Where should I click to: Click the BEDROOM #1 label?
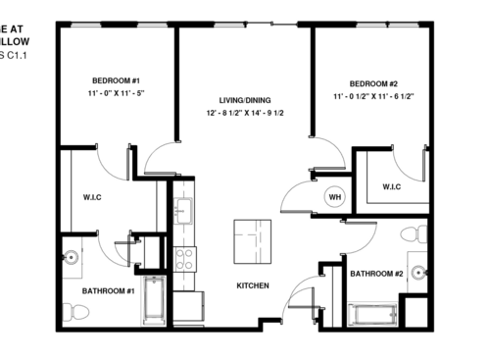[117, 79]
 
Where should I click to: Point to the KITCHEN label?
[253, 285]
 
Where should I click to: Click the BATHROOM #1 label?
[107, 291]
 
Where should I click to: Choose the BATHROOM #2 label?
[377, 274]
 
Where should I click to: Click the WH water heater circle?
[334, 195]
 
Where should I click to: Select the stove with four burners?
[183, 259]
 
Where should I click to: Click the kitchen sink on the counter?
[183, 208]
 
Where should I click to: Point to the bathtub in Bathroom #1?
[157, 301]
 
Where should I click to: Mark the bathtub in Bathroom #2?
[371, 317]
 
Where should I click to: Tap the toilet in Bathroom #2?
[420, 233]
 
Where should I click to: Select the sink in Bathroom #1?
[70, 258]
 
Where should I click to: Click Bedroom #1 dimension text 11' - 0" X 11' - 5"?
[117, 93]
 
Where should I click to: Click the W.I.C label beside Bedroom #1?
[93, 199]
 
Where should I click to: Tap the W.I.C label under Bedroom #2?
[391, 186]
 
